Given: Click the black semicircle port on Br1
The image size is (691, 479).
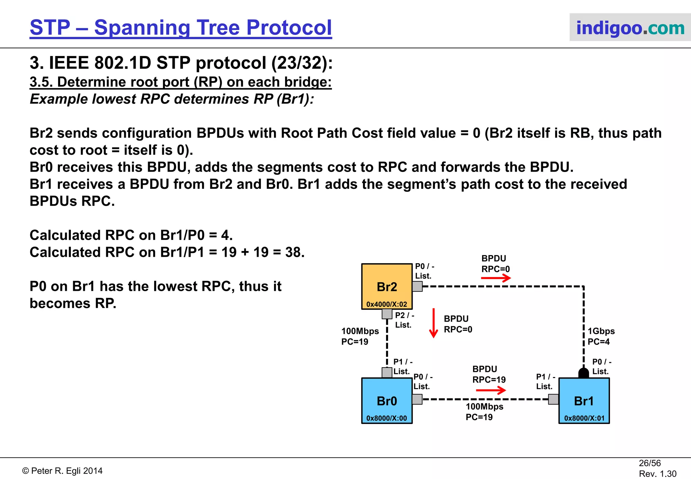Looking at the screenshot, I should (x=584, y=373).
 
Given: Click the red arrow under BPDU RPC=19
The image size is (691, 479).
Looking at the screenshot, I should (x=491, y=390).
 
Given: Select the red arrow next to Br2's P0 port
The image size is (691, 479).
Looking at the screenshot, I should (x=496, y=278).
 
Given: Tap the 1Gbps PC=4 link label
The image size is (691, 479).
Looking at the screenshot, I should (x=601, y=336).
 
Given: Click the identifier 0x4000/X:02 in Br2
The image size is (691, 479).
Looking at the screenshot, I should (x=387, y=304).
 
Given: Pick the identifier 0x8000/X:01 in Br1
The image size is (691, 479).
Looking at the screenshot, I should (x=584, y=418).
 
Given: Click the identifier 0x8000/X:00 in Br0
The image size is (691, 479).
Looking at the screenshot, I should (x=387, y=418).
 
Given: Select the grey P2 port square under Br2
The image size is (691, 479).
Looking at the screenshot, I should (x=387, y=314).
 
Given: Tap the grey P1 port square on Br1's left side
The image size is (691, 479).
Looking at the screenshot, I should (x=553, y=399).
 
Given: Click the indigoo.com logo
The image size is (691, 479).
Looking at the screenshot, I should (x=630, y=28).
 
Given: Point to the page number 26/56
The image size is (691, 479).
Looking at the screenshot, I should (x=649, y=463).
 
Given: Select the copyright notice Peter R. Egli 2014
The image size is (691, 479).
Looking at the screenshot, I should (x=62, y=471).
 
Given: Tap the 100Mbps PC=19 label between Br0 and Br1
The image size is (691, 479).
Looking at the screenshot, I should (x=484, y=412).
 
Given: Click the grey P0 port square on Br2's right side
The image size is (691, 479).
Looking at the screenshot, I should (x=417, y=286).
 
